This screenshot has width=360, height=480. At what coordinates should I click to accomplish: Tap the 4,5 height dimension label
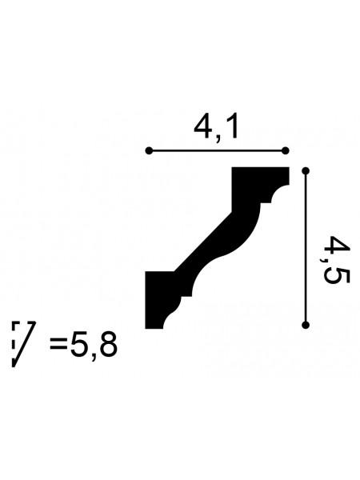pos(335,259)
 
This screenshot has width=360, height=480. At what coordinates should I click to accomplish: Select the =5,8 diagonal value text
pos(83,346)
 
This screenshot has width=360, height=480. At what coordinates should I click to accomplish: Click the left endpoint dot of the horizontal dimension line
pos(149,150)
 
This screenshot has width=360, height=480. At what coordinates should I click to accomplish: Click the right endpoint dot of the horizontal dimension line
pos(286,150)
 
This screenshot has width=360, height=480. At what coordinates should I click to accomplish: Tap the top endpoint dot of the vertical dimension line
pos(306,171)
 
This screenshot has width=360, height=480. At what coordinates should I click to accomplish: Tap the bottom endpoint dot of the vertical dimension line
pos(306,325)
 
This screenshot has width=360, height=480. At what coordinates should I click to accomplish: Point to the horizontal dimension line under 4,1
pos(217,150)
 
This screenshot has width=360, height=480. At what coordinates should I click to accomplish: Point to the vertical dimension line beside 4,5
pos(306,248)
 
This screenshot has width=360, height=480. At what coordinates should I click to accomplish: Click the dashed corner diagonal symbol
pos(22,344)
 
